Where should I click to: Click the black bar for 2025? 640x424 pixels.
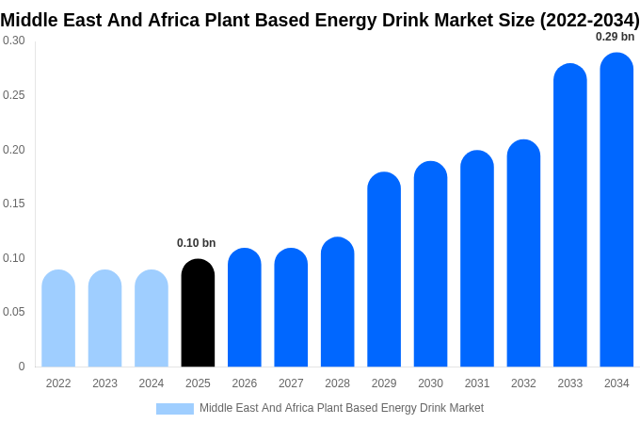point(198,314)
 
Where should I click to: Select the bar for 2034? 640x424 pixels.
point(616,210)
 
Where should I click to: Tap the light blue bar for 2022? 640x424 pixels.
point(58,318)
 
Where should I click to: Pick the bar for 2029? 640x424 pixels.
point(384,269)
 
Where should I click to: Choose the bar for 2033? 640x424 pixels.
point(569,216)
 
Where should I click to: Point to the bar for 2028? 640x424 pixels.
point(337,302)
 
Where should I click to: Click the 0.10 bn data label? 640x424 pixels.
point(196,243)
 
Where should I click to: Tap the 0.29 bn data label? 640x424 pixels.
point(615,37)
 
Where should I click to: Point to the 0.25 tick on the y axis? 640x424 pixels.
point(14,95)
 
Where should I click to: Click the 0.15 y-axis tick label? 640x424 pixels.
point(14,204)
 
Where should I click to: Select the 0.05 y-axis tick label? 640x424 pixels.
point(14,312)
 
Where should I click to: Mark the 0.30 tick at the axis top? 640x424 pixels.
point(14,41)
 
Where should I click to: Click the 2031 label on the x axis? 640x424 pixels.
point(477,383)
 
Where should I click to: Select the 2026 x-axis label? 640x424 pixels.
point(245,383)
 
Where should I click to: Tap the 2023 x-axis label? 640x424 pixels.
point(104,383)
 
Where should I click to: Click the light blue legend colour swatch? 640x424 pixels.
point(174,409)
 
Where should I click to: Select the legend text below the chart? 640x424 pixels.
point(341,408)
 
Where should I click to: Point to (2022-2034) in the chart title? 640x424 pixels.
point(589,20)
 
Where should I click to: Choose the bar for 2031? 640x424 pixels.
point(477,259)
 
